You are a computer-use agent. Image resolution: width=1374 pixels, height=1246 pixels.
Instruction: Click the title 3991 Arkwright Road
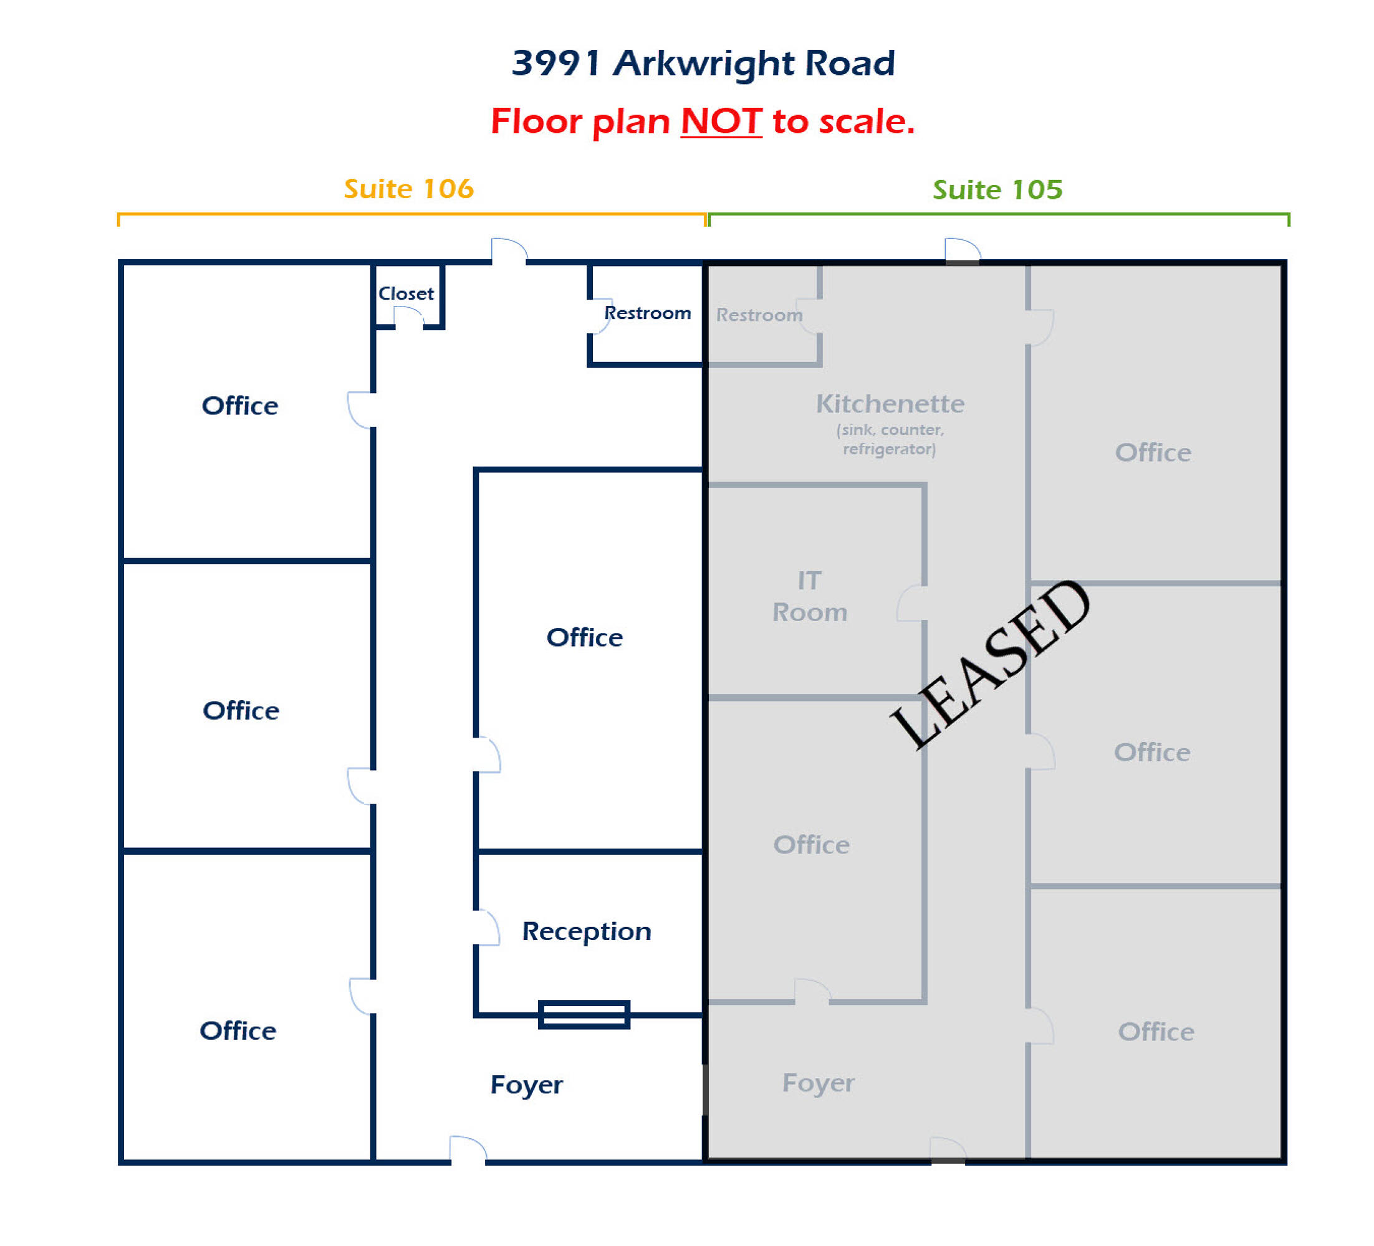[703, 64]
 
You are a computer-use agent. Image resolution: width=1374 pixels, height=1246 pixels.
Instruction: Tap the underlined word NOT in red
[721, 121]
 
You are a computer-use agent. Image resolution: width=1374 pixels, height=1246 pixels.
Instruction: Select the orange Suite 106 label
[408, 189]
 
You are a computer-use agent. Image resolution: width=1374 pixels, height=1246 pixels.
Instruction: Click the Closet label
[406, 293]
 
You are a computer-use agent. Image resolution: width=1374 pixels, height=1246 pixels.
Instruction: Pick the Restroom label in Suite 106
[648, 313]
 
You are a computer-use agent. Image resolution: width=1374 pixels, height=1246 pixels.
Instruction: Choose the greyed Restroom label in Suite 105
[759, 315]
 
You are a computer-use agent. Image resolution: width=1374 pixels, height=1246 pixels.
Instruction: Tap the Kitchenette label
[890, 403]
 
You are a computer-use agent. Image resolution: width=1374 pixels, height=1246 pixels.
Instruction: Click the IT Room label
[810, 596]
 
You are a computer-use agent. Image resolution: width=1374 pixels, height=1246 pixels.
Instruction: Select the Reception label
[586, 931]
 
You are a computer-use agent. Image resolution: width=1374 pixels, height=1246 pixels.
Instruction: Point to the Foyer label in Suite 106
[526, 1085]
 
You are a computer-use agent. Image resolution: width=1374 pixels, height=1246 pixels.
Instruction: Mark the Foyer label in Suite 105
[818, 1083]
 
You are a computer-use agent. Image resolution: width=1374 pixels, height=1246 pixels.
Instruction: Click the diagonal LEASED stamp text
[989, 664]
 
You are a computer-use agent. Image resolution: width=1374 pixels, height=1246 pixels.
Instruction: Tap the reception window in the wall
[584, 1014]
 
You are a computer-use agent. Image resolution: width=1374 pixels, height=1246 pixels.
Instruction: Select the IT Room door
[912, 603]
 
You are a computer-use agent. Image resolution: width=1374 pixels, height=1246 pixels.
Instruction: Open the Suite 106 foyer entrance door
[468, 1150]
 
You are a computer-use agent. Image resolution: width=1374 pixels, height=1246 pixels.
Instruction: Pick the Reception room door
[488, 927]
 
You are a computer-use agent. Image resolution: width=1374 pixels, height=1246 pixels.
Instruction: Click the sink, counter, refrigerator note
[890, 439]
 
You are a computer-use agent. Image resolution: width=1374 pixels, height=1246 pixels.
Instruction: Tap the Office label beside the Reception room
[584, 637]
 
